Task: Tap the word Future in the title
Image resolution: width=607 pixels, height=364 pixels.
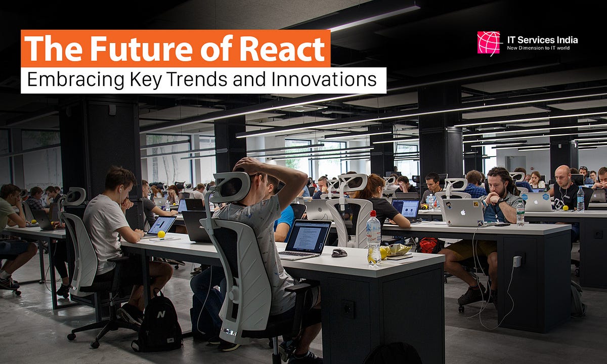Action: [x=143, y=49]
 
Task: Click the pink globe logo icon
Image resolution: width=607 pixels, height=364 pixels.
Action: [x=488, y=42]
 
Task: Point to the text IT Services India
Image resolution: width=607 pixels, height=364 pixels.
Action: [x=542, y=39]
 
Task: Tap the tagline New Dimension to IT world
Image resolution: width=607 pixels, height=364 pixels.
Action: [x=542, y=49]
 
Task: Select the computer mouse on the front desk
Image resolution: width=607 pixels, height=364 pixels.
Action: [x=339, y=252]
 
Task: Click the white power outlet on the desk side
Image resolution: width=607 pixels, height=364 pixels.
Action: [x=517, y=261]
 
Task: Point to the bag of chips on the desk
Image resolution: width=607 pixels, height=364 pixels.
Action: [x=397, y=250]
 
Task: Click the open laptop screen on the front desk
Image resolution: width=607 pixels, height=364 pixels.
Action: [x=309, y=236]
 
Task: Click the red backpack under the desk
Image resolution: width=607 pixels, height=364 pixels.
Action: [x=428, y=245]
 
